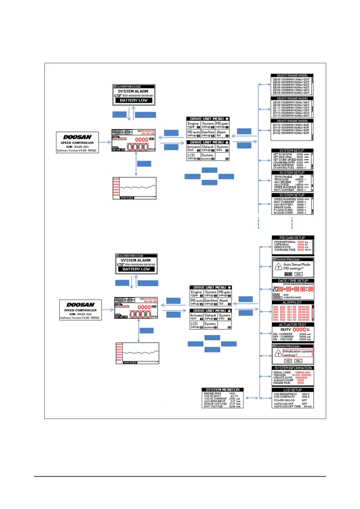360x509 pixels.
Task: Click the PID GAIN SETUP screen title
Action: pos(292,238)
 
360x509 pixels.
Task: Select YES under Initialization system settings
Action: pos(288,361)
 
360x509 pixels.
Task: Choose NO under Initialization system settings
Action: pos(298,361)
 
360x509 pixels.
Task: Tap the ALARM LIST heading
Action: pos(292,302)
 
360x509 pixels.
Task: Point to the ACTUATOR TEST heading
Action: pos(293,325)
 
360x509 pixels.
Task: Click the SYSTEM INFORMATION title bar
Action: pos(293,368)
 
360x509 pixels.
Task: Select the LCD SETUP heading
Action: pos(293,390)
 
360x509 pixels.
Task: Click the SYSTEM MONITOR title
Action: pos(223,390)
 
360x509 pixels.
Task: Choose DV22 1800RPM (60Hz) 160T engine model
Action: pos(291,133)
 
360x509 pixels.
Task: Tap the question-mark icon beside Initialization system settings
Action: pos(278,353)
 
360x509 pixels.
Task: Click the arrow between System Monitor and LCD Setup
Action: pos(252,398)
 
